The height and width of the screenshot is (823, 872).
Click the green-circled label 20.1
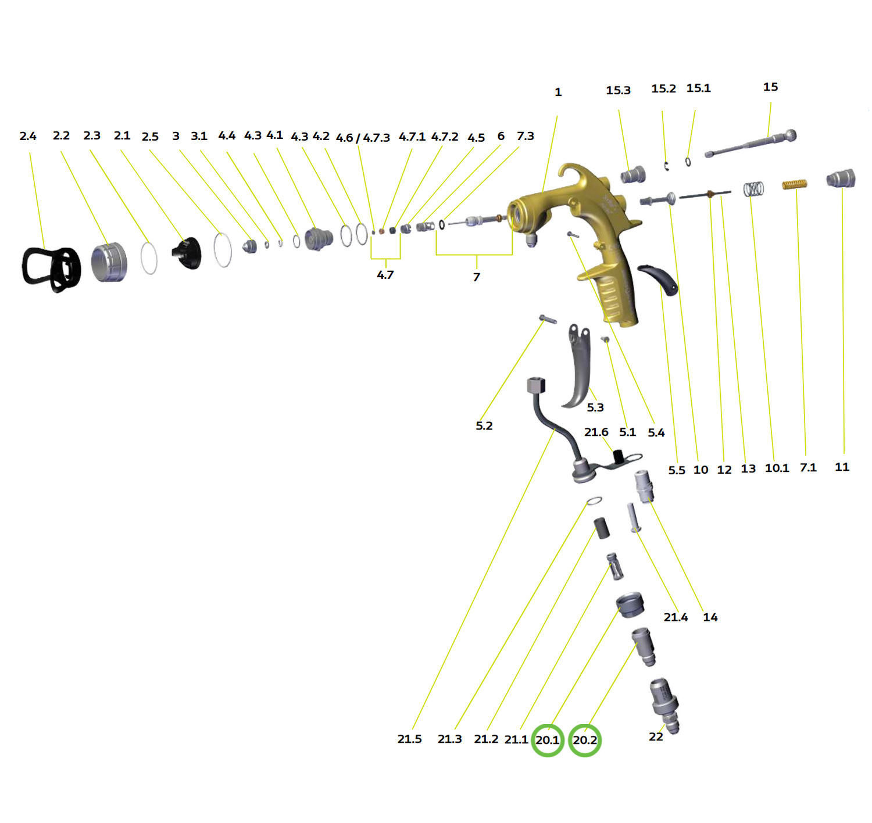pos(547,740)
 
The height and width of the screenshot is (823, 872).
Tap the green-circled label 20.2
pos(584,740)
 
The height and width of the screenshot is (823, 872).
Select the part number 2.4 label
pos(28,136)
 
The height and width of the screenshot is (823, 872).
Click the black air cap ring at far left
pos(51,269)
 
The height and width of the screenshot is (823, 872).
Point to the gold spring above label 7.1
pos(795,184)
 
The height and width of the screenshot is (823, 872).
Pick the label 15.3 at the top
pos(618,90)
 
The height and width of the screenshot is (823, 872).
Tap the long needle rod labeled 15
pos(750,144)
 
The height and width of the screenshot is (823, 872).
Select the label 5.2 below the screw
pos(484,425)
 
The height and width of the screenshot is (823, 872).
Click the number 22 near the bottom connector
pos(656,736)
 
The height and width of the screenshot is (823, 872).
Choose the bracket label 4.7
pos(385,274)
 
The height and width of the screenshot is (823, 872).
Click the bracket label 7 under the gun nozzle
pos(476,277)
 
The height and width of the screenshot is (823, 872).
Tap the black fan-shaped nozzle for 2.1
pos(187,253)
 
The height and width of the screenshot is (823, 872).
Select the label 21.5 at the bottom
pos(409,739)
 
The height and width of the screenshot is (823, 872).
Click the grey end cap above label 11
pos(841,178)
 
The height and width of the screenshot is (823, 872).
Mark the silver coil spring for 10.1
pos(753,188)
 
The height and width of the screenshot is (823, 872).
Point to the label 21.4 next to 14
pos(676,617)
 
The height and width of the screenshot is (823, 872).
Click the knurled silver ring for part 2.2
pos(109,262)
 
